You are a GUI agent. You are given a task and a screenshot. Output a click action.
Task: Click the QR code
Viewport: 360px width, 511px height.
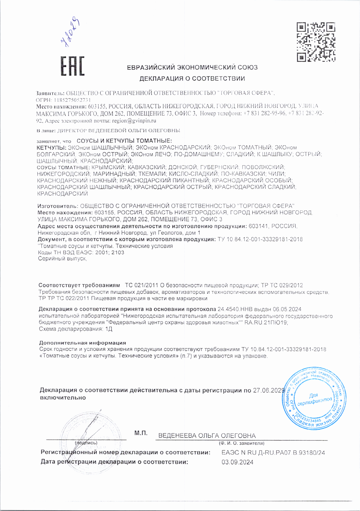[316, 42]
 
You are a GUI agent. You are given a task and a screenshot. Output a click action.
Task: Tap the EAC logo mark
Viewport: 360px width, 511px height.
[72, 66]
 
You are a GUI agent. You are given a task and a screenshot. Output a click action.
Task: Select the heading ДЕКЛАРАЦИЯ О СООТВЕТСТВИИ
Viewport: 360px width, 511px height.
[192, 78]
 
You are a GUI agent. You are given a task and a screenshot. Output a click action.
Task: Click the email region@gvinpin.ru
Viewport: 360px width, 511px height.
[134, 120]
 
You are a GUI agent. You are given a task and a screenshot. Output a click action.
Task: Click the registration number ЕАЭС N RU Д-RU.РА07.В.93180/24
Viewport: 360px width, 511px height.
[273, 453]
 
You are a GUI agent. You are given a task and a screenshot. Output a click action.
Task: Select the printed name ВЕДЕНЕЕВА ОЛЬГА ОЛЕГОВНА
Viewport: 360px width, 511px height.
[207, 436]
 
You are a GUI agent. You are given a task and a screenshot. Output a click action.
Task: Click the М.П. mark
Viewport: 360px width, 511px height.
[141, 433]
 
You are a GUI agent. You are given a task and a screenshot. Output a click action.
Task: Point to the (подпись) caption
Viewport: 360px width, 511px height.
[86, 443]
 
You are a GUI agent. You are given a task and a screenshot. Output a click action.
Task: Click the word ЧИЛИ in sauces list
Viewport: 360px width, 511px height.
[277, 174]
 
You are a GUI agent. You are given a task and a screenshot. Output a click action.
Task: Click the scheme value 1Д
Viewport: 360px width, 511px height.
[109, 329]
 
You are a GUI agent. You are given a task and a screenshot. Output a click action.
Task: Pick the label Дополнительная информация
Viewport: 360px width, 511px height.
[83, 343]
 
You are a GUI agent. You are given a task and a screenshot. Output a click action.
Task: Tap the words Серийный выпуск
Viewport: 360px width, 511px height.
[62, 258]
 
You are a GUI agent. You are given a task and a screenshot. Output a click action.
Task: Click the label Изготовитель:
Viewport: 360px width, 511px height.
[58, 206]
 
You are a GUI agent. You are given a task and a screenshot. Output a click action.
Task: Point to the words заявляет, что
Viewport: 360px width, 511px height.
[54, 141]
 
